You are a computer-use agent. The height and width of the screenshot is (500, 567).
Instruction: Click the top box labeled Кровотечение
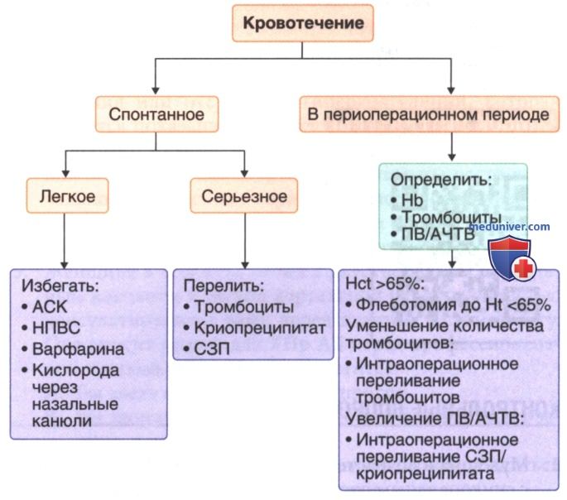303,23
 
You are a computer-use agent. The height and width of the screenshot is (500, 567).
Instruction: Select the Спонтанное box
156,114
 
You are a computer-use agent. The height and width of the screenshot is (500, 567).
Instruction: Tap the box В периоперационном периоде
430,114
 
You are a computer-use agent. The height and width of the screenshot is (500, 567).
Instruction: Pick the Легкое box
67,196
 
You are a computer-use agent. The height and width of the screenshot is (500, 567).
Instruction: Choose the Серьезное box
244,196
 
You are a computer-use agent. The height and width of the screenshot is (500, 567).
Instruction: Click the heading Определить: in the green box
441,180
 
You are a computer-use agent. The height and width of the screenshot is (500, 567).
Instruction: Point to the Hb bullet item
406,200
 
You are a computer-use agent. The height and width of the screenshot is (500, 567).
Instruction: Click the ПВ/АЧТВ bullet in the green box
433,234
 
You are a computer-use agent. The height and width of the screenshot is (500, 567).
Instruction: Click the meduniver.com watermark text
509,227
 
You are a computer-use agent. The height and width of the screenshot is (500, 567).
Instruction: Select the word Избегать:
60,286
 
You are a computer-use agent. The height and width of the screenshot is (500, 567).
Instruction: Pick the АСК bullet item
45,307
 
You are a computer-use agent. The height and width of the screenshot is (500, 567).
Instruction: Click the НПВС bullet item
51,328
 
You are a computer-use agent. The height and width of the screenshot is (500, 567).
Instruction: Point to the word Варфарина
78,349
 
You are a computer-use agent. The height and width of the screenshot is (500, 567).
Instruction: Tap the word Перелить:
223,286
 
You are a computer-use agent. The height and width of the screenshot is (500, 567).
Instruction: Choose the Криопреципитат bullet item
255,328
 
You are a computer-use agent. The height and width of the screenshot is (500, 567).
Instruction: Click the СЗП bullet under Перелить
206,349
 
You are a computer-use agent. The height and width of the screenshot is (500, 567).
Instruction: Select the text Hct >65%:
385,284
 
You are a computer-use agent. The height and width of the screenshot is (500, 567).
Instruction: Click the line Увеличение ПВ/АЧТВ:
435,419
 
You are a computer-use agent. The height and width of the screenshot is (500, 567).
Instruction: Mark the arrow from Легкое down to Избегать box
65,241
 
